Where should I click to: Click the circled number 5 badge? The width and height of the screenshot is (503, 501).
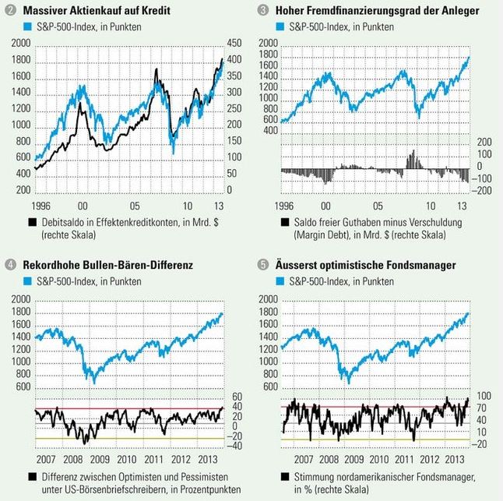pyautogui.click(x=262, y=266)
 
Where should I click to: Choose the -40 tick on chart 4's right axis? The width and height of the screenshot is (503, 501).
pyautogui.click(x=232, y=446)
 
